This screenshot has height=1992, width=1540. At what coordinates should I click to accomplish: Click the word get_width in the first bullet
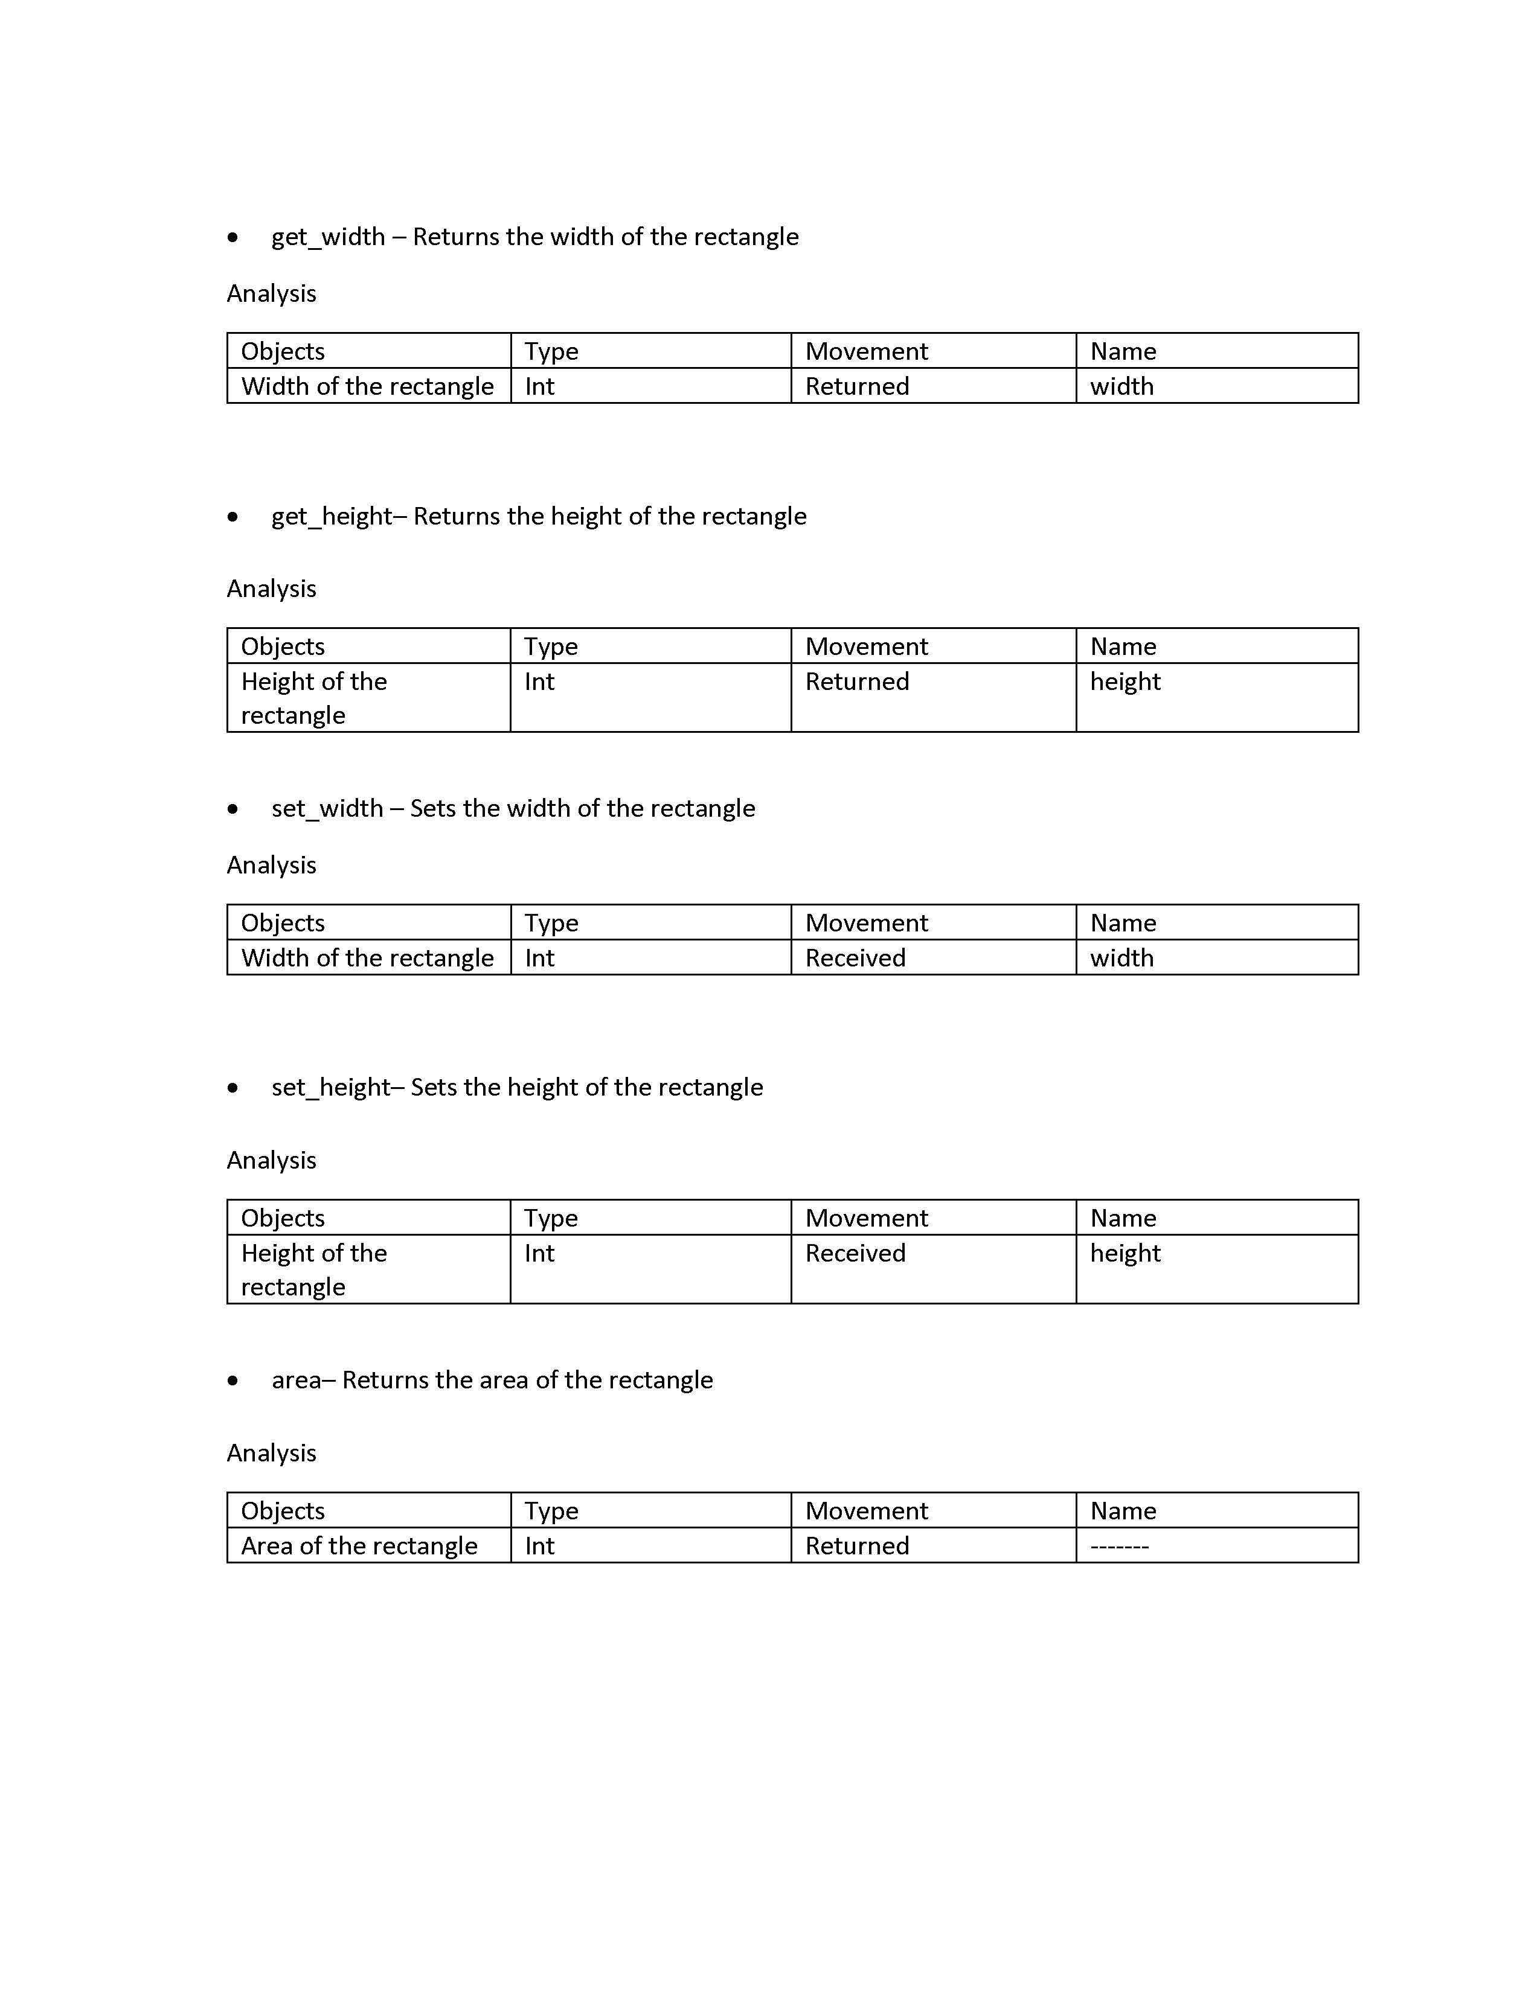tap(327, 237)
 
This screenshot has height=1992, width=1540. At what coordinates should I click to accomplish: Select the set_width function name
tap(327, 809)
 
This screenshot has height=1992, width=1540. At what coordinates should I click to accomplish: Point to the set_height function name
tap(331, 1087)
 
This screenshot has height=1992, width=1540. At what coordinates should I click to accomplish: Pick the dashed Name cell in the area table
tap(1120, 1546)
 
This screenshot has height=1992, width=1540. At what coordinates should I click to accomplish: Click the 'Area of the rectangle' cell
tap(359, 1546)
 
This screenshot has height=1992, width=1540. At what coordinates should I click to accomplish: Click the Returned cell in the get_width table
tap(857, 387)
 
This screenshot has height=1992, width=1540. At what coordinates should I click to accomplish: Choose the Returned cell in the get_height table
tap(857, 682)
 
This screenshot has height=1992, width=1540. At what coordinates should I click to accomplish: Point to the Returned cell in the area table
tap(857, 1546)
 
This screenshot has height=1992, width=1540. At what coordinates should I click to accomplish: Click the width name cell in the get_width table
tap(1121, 387)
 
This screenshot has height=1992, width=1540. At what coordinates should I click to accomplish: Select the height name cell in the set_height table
tap(1125, 1253)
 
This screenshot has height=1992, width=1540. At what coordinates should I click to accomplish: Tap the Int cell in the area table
tap(539, 1546)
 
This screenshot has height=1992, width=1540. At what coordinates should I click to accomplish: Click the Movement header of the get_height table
tap(866, 646)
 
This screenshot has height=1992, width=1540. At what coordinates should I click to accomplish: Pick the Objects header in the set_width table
tap(283, 923)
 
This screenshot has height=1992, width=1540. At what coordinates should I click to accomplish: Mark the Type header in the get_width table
tap(551, 352)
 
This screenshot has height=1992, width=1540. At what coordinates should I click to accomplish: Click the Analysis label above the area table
tap(271, 1453)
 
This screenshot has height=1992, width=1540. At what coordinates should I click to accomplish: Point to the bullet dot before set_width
tap(234, 809)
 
